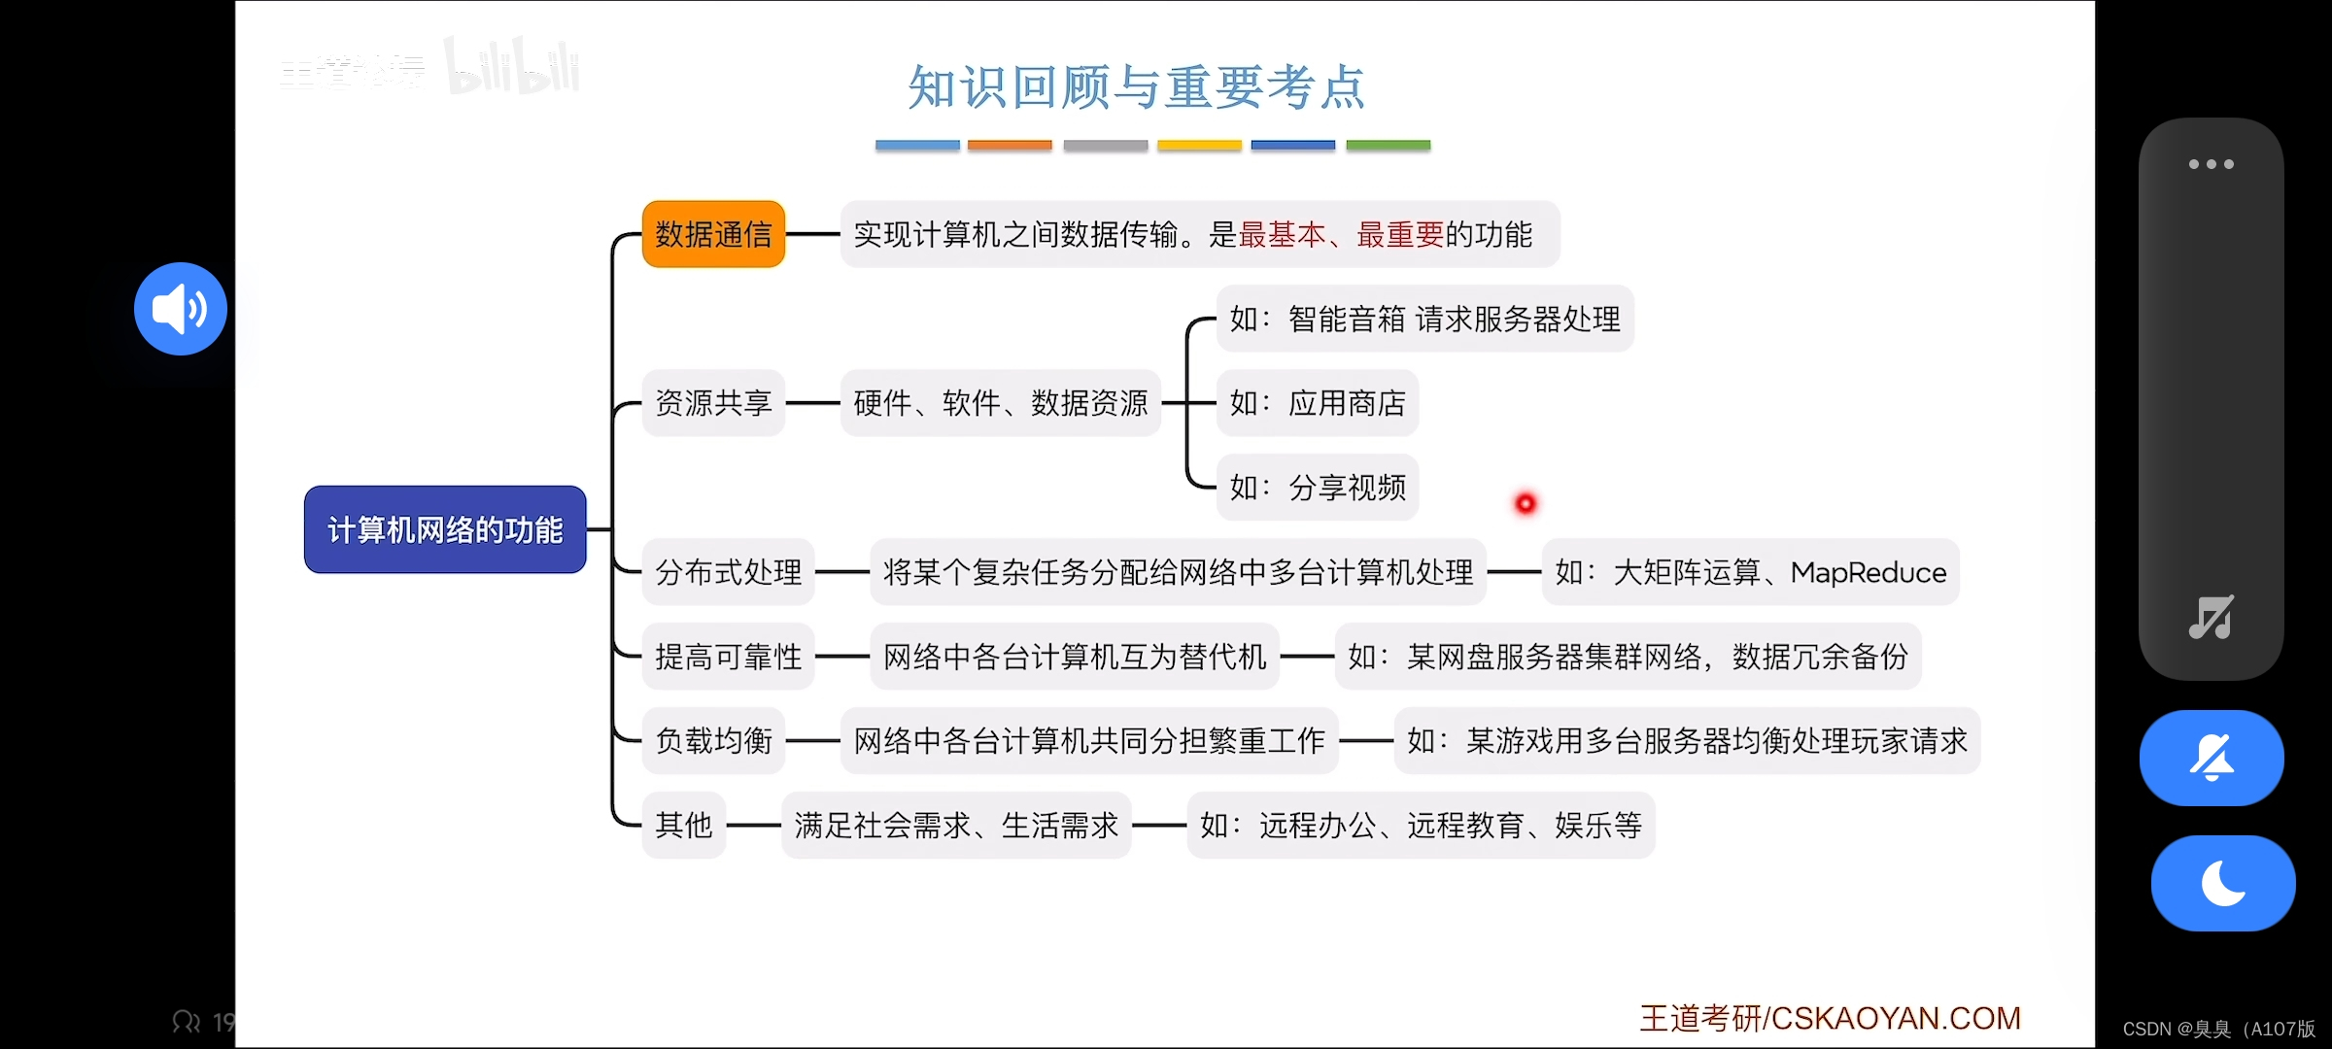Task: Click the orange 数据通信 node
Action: [713, 234]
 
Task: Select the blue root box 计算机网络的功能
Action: [445, 529]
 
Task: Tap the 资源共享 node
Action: [713, 403]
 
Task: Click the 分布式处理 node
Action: [728, 572]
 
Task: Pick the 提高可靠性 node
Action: [728, 657]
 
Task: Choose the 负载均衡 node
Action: [713, 741]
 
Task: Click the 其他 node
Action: [683, 826]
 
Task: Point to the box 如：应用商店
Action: [1318, 403]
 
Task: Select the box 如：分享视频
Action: [1318, 488]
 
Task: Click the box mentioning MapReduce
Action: [1750, 572]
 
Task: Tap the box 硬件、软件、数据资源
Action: [1000, 403]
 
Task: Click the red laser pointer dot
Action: [1526, 503]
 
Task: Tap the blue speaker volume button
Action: [181, 309]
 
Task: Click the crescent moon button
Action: [2223, 883]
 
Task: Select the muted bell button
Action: [2212, 758]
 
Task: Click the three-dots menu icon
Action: [2211, 164]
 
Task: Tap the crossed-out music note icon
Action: [2211, 617]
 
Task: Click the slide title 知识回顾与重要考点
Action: [1137, 87]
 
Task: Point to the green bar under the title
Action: [1388, 145]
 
